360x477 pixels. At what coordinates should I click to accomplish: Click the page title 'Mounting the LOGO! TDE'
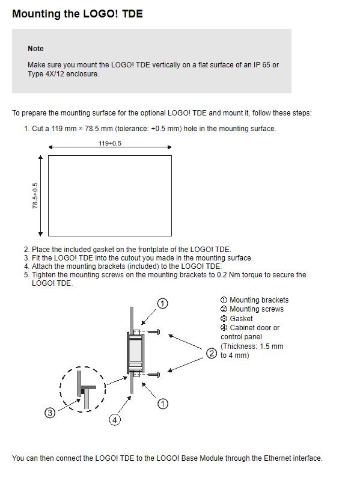click(78, 14)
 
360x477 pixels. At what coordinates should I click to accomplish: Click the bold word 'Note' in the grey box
click(35, 49)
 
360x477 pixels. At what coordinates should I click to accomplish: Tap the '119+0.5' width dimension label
click(110, 143)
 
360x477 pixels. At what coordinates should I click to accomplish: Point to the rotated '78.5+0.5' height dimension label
click(35, 195)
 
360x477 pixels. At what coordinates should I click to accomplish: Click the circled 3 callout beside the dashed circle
click(50, 413)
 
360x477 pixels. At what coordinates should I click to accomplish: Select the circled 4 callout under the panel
click(115, 420)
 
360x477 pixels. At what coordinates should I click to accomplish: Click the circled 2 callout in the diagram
click(212, 354)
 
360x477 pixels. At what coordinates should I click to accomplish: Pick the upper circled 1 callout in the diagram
click(163, 303)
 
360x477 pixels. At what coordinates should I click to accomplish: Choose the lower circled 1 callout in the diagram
click(163, 404)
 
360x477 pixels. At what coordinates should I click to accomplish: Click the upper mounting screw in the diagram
click(154, 332)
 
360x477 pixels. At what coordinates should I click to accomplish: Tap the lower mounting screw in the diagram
click(154, 375)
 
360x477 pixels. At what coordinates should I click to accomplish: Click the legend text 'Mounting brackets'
click(259, 300)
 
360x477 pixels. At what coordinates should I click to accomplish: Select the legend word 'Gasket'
click(241, 319)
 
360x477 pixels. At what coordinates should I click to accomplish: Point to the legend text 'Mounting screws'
click(257, 309)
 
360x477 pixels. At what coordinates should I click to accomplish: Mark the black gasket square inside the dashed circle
click(82, 391)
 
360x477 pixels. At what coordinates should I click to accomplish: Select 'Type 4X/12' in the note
click(46, 74)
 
